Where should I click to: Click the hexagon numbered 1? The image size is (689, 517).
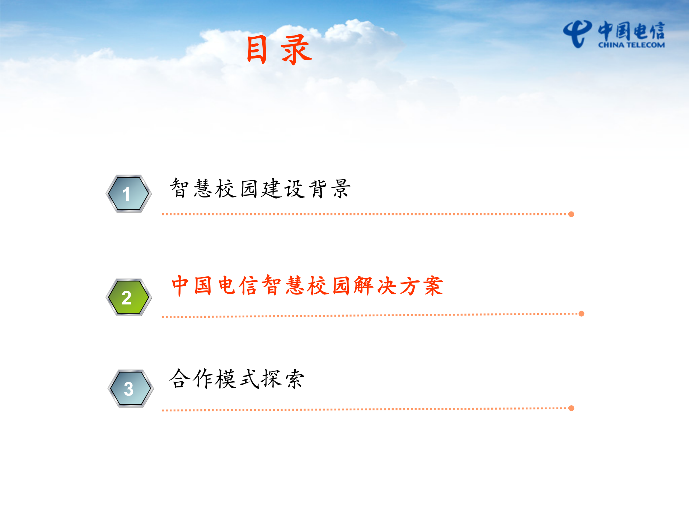[128, 194]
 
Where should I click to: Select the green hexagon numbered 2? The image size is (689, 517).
[128, 297]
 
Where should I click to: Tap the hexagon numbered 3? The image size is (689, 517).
[131, 388]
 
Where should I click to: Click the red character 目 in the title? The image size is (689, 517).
[257, 50]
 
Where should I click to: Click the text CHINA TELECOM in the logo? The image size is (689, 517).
[631, 45]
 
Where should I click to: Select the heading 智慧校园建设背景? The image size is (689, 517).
[260, 188]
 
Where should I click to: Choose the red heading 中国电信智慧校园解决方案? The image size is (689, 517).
[307, 286]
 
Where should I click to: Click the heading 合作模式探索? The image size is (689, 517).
[237, 379]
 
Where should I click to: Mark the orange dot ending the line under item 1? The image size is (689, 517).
[571, 214]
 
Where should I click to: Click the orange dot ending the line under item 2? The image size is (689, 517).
[581, 314]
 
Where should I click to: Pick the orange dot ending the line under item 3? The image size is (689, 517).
[571, 408]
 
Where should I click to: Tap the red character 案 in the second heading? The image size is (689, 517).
[433, 286]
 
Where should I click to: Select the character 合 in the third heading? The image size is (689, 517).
[179, 379]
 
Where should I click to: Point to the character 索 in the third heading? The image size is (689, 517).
[295, 379]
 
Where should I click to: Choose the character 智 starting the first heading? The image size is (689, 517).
[179, 188]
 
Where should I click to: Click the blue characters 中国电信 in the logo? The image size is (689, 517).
[631, 31]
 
